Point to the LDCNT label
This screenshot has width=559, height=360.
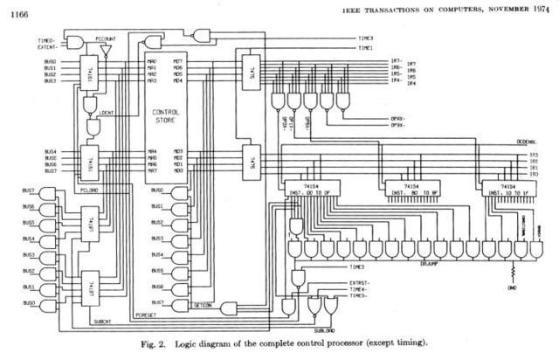[x=108, y=114]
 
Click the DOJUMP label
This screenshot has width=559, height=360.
[x=429, y=262]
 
